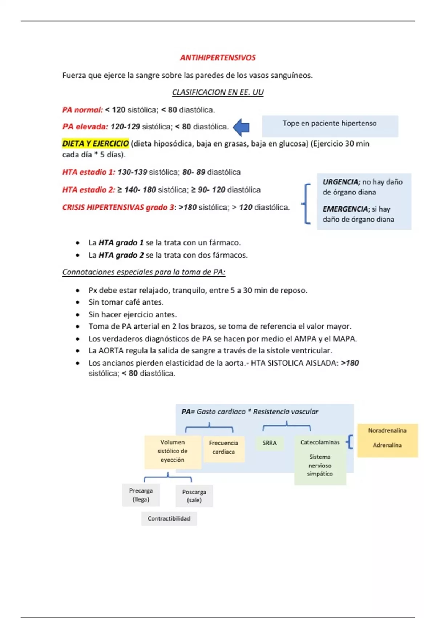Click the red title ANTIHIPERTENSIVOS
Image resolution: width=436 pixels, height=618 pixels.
218,58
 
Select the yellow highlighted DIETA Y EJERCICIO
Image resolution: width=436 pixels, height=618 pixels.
96,144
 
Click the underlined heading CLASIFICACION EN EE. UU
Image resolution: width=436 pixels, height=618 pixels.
218,92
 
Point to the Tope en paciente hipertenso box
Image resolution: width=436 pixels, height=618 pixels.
330,126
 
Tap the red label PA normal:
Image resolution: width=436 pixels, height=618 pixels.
82,110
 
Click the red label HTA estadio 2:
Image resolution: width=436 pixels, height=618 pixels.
89,190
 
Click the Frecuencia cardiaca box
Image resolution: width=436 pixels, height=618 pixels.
223,448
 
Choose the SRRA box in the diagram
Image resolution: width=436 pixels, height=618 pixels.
270,443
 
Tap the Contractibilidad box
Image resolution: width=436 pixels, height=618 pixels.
169,519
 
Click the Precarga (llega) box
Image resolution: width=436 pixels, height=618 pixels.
141,495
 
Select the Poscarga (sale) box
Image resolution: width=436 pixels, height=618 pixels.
194,496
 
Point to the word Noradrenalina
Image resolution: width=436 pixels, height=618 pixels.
387,430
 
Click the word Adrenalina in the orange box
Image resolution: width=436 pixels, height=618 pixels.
387,445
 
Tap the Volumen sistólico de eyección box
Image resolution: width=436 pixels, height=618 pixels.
173,451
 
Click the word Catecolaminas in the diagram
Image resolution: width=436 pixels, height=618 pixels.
320,442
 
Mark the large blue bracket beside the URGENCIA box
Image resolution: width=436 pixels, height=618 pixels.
307,204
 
